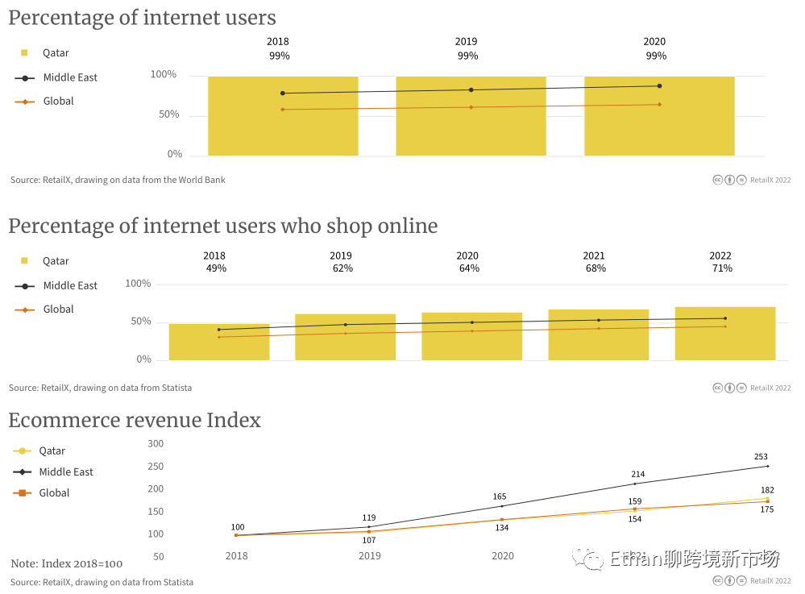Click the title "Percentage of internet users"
[x=142, y=18]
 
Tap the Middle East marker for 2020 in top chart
[x=659, y=86]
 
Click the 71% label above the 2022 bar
[x=722, y=268]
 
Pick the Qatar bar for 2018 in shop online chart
[x=219, y=342]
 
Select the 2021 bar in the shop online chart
[x=599, y=334]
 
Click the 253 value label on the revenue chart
[x=761, y=457]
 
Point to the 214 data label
[x=638, y=475]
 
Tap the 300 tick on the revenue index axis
[x=156, y=444]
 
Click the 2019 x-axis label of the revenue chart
[x=370, y=556]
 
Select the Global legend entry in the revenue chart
[x=54, y=492]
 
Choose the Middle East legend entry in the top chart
[x=70, y=77]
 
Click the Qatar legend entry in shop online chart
[x=56, y=261]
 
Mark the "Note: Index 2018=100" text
[x=67, y=563]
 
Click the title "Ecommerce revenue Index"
[x=135, y=420]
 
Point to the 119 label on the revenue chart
[x=369, y=518]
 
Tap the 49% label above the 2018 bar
[x=216, y=268]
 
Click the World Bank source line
[x=118, y=180]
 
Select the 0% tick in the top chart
[x=175, y=154]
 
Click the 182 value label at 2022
[x=767, y=490]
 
